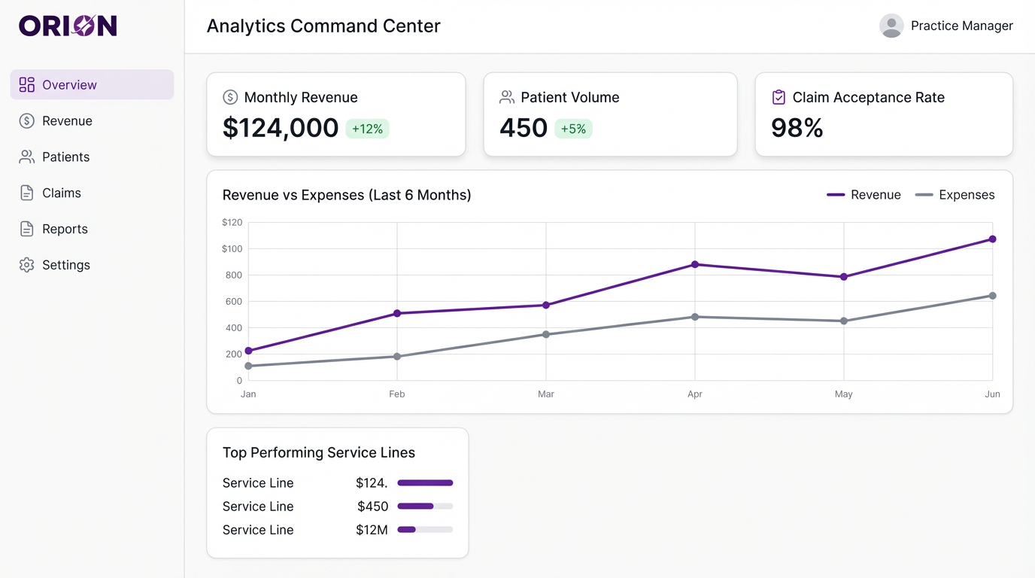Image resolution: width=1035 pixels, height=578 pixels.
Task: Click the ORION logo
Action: click(68, 26)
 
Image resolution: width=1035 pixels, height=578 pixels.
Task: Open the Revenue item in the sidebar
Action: click(67, 121)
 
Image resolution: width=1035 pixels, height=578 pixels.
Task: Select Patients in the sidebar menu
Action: click(65, 157)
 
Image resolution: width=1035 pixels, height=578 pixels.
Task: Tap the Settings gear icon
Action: click(27, 265)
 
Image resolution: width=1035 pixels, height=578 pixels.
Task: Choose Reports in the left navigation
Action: click(65, 230)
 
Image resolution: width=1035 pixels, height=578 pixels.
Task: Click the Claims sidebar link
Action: click(61, 193)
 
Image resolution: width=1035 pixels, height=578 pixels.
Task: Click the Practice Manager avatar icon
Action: click(891, 26)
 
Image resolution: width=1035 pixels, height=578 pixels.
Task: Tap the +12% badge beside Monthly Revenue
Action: click(367, 129)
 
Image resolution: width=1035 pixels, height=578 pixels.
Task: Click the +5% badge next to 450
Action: click(573, 129)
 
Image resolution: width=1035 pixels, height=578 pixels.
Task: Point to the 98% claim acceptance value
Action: click(797, 128)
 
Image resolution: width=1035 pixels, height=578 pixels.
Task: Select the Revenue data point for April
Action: click(695, 265)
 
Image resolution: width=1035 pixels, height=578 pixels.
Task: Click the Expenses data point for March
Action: click(546, 334)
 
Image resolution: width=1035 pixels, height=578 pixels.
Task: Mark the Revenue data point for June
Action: click(992, 239)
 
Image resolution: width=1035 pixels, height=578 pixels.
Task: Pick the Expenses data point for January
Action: click(249, 366)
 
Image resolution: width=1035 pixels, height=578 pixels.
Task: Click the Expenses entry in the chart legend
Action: click(955, 195)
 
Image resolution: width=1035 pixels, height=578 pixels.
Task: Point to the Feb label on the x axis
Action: click(397, 394)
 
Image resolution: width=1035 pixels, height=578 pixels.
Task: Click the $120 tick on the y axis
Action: click(232, 223)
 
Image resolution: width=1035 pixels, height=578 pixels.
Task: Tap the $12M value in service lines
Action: click(372, 530)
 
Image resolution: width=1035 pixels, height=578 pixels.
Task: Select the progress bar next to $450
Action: click(425, 507)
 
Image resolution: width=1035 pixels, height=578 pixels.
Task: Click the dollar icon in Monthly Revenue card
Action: click(230, 97)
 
